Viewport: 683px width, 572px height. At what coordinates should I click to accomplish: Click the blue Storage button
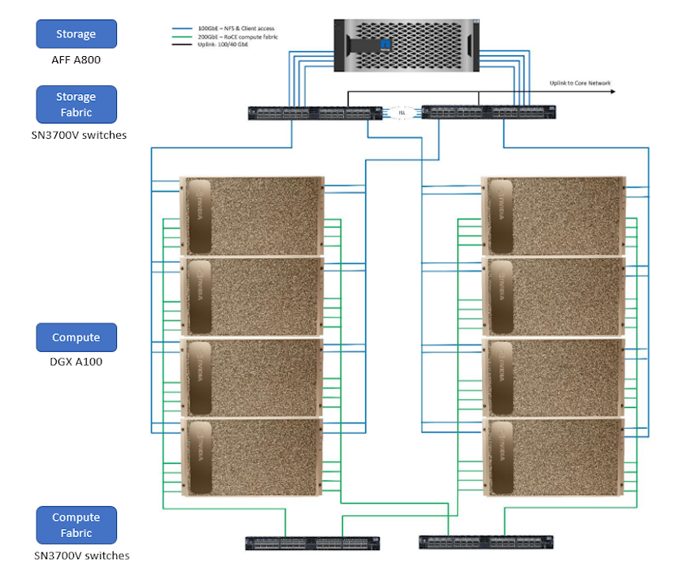(76, 34)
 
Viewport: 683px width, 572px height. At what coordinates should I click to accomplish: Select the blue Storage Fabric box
(76, 104)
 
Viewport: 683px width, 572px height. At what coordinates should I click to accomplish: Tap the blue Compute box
(76, 337)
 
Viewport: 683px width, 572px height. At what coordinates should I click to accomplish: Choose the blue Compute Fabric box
(76, 525)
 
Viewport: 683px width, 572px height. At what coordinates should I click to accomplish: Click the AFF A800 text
(76, 60)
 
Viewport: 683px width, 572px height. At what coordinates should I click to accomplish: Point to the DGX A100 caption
(76, 362)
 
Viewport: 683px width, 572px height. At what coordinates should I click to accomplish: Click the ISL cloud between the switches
(401, 112)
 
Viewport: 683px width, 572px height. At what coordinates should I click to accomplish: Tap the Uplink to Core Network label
(580, 83)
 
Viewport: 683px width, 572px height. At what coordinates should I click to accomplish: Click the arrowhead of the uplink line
(611, 91)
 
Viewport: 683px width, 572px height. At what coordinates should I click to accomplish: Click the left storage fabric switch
(315, 113)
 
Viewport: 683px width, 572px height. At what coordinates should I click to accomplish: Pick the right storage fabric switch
(488, 113)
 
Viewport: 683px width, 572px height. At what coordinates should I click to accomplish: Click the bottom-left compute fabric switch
(313, 543)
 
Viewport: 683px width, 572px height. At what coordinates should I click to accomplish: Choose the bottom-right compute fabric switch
(486, 542)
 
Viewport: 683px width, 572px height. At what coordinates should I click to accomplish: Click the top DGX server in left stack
(252, 215)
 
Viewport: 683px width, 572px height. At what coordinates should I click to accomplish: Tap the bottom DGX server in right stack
(555, 457)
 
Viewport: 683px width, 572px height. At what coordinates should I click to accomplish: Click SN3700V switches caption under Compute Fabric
(81, 556)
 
